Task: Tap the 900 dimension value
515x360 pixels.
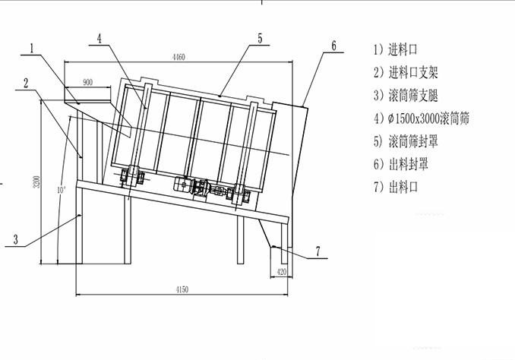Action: pyautogui.click(x=87, y=82)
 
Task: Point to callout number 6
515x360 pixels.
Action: pyautogui.click(x=333, y=46)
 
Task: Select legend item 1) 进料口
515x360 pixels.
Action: pyautogui.click(x=397, y=50)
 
